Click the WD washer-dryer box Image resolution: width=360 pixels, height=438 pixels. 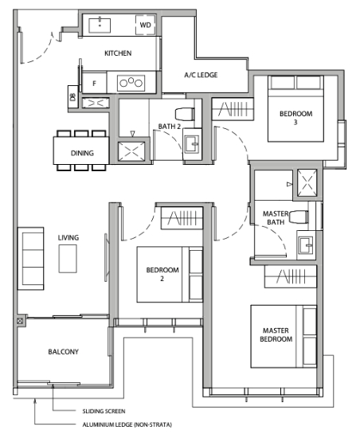click(145, 25)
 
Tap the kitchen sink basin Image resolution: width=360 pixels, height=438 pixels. click(100, 25)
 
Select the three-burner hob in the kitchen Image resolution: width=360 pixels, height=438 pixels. click(131, 83)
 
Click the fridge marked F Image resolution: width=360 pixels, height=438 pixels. click(94, 83)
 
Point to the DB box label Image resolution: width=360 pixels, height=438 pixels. click(73, 97)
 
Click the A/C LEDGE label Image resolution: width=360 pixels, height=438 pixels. click(201, 75)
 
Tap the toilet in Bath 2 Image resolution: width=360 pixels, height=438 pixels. click(185, 114)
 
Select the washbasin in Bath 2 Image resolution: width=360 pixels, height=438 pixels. click(192, 144)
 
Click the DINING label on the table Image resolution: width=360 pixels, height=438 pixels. click(82, 153)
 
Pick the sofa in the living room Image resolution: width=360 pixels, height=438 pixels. click(30, 258)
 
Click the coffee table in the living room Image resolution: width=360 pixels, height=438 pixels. click(68, 259)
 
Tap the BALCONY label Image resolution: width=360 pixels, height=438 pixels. click(64, 352)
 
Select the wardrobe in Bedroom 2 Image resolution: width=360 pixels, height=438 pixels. click(182, 218)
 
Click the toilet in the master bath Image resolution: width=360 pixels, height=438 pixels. click(299, 217)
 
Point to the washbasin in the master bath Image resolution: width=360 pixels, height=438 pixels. click(307, 245)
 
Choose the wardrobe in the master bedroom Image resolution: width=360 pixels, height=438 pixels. click(291, 276)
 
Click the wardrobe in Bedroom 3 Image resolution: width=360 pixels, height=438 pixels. click(233, 109)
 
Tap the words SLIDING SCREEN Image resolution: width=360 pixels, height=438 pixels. click(104, 411)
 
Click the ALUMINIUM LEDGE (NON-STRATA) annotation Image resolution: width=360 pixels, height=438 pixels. click(127, 425)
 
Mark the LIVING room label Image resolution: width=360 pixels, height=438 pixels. click(68, 238)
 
